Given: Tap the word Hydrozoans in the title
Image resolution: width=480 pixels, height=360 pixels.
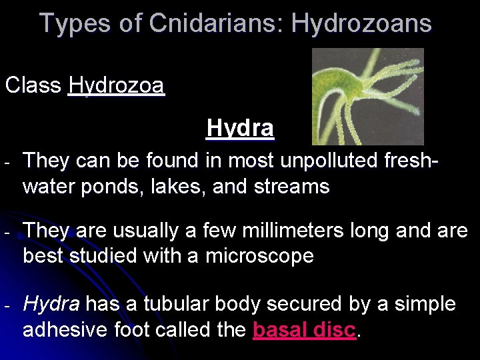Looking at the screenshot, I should tap(361, 23).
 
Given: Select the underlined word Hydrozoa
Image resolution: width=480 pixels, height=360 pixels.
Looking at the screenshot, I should tap(116, 86).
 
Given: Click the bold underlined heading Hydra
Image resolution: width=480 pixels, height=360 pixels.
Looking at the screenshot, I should tap(240, 127).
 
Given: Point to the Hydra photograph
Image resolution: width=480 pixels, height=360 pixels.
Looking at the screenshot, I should tap(368, 96).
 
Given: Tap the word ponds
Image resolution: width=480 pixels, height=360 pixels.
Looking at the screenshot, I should tap(101, 187).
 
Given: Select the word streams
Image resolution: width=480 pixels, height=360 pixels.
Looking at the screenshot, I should tap(297, 187).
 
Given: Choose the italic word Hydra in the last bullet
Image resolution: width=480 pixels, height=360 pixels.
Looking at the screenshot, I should tap(51, 305).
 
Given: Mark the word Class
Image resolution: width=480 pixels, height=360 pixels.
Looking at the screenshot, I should tap(33, 86).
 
